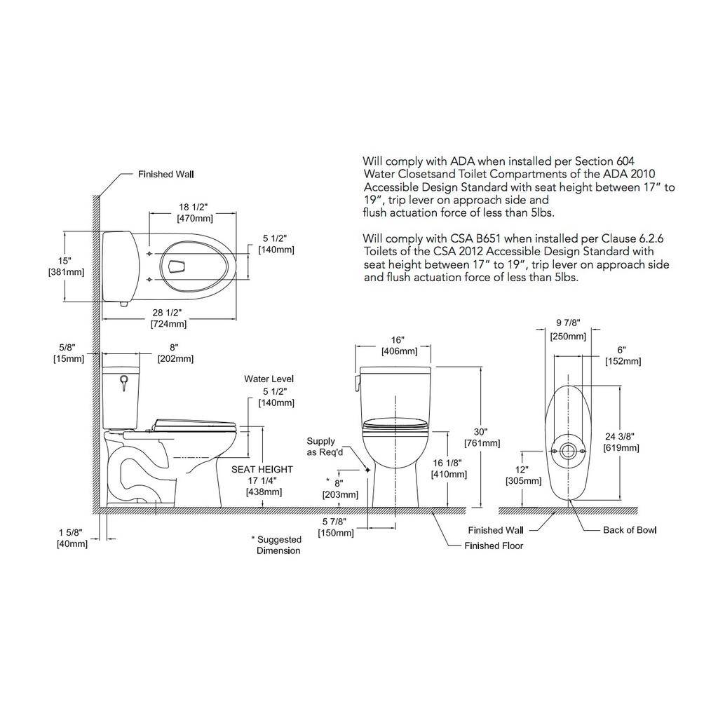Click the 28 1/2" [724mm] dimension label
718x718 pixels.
tap(169, 318)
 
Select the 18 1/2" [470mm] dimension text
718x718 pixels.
tap(195, 213)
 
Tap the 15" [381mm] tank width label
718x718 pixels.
tap(67, 266)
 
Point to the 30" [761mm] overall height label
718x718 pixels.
tap(482, 438)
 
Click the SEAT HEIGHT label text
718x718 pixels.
tap(262, 469)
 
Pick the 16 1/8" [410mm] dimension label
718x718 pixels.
tap(449, 469)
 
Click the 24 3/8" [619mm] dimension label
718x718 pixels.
tap(621, 442)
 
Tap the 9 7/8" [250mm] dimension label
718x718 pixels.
tap(568, 330)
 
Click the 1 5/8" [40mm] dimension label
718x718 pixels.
tap(72, 538)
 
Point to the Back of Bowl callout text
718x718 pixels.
tap(630, 530)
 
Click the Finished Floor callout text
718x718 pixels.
tap(494, 546)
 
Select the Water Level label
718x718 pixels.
tap(269, 379)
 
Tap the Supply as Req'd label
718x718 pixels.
tap(325, 447)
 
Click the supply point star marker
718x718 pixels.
tap(367, 470)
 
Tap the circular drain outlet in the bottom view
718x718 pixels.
tap(568, 451)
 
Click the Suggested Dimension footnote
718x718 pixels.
tap(276, 545)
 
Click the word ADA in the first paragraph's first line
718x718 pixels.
tap(463, 161)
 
